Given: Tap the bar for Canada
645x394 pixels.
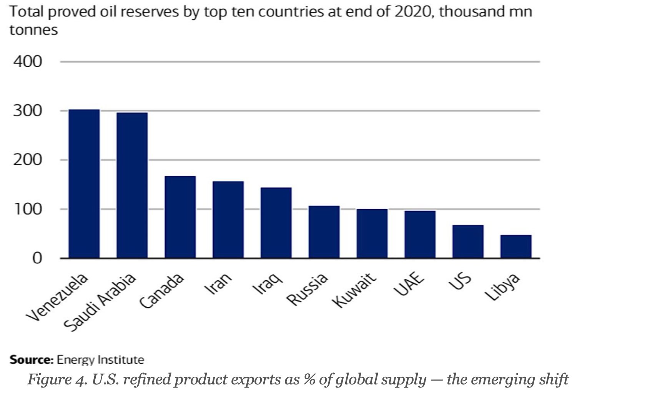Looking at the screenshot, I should (x=180, y=217).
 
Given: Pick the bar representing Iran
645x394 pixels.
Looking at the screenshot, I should (x=228, y=220).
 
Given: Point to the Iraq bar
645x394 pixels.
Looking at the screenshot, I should (x=276, y=223).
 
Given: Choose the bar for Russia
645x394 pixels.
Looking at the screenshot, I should (x=324, y=232).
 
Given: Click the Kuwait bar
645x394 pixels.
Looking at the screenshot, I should (x=372, y=233).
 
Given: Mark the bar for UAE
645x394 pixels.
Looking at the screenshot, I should (x=420, y=234).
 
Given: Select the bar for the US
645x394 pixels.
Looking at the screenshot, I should (x=468, y=242).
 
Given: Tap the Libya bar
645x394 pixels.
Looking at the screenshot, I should (x=516, y=247).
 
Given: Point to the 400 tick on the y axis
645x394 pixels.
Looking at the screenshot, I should (x=27, y=61).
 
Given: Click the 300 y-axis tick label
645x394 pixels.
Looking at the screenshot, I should (x=27, y=111).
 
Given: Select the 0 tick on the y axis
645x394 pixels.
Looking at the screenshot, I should (x=37, y=258).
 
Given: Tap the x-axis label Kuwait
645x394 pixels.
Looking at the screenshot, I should (x=354, y=291).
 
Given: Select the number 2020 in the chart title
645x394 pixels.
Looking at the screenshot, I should (x=408, y=12).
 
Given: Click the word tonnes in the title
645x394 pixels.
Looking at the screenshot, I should (x=33, y=30).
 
